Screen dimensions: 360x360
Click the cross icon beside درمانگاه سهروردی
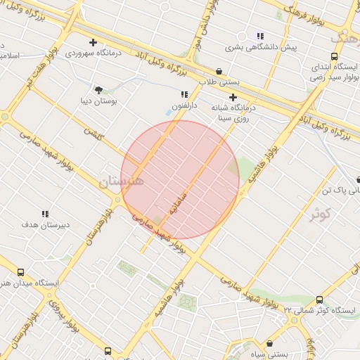coord(93,43)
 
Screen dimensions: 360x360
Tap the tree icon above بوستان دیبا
coord(98,90)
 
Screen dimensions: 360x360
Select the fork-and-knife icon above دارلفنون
coord(184,94)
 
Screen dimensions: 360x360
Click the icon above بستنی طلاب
coord(219,71)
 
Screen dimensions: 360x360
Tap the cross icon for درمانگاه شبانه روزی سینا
coord(233,98)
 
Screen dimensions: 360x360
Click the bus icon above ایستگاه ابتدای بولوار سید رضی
coord(333,57)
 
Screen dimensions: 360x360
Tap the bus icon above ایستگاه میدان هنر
coord(20,272)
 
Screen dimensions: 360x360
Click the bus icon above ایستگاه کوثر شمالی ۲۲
coord(320,300)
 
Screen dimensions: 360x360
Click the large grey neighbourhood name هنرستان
coord(121,181)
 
